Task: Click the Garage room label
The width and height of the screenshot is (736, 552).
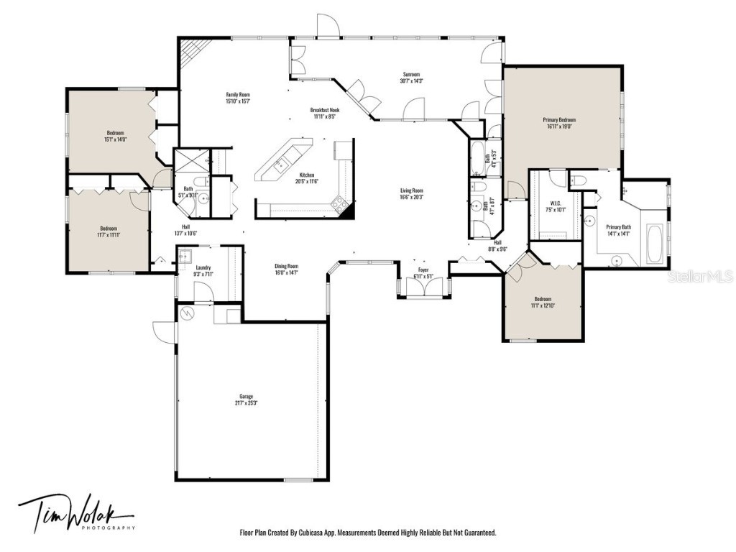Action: (247, 399)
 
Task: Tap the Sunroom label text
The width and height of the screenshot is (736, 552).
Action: (410, 77)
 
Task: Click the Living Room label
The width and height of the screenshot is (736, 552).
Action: (412, 193)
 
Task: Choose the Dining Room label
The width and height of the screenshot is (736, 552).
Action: (286, 269)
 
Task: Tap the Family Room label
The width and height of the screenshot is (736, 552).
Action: (238, 98)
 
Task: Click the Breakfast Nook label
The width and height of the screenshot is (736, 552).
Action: (323, 113)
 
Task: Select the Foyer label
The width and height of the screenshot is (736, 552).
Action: (423, 272)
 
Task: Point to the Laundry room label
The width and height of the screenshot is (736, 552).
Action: (203, 270)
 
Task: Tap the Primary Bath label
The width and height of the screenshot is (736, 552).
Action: (618, 229)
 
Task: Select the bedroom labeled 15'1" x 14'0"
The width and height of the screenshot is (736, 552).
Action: (116, 136)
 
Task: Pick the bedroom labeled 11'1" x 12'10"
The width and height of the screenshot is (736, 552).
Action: (543, 302)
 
